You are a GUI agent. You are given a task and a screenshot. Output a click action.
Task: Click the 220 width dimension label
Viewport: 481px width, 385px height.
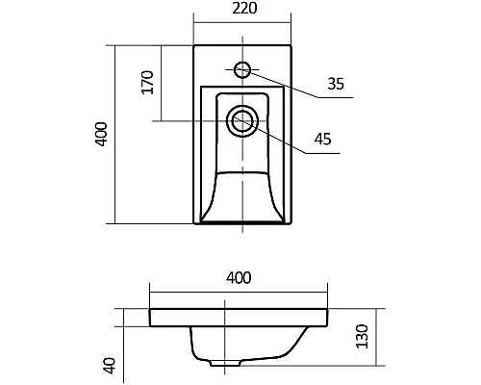pos(241,10)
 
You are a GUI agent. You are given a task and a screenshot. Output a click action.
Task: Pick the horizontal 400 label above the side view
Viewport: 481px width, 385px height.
pos(239,278)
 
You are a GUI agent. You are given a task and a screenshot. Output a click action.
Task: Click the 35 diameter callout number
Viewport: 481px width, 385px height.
pos(335,84)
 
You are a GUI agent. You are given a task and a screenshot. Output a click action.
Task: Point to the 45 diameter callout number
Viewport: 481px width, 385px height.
pos(322,140)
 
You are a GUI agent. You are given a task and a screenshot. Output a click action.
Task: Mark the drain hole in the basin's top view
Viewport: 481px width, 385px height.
pos(240,120)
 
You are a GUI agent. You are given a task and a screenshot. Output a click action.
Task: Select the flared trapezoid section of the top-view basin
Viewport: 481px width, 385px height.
pos(240,197)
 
